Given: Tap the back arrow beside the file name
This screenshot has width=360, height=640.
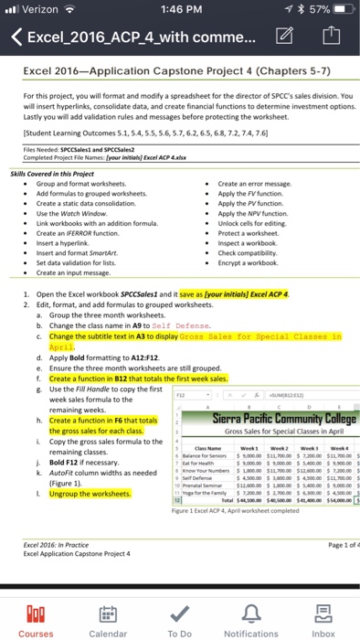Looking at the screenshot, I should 16,39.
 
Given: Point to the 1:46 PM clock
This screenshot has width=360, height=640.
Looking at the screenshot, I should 179,9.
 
